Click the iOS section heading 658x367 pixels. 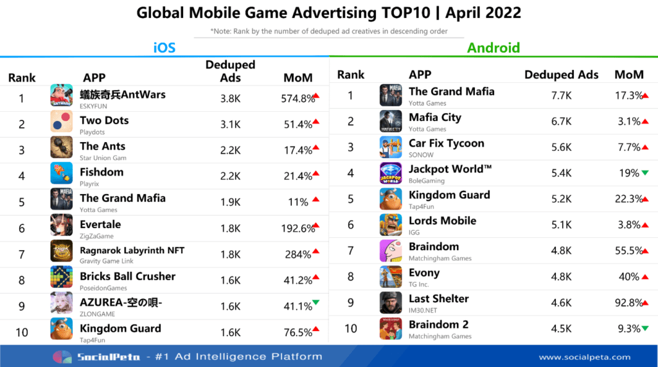pos(164,47)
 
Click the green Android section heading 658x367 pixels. pos(493,47)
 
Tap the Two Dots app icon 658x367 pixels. pos(61,121)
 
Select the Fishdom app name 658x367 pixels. pos(102,172)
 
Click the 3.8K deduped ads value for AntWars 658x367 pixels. pos(230,98)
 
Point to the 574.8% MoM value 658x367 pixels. pos(298,98)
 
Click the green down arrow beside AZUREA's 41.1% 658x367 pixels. pos(316,302)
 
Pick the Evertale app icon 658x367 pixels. pos(61,226)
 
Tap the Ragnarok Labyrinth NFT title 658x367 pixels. pos(132,250)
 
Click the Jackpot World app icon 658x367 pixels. pos(390,173)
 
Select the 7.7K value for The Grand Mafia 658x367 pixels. pos(561,95)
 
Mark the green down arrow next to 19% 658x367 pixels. pos(645,173)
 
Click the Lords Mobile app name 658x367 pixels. pos(442,220)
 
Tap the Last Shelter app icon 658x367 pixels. pos(390,303)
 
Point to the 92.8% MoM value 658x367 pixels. pos(628,303)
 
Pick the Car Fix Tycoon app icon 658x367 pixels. pos(390,147)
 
